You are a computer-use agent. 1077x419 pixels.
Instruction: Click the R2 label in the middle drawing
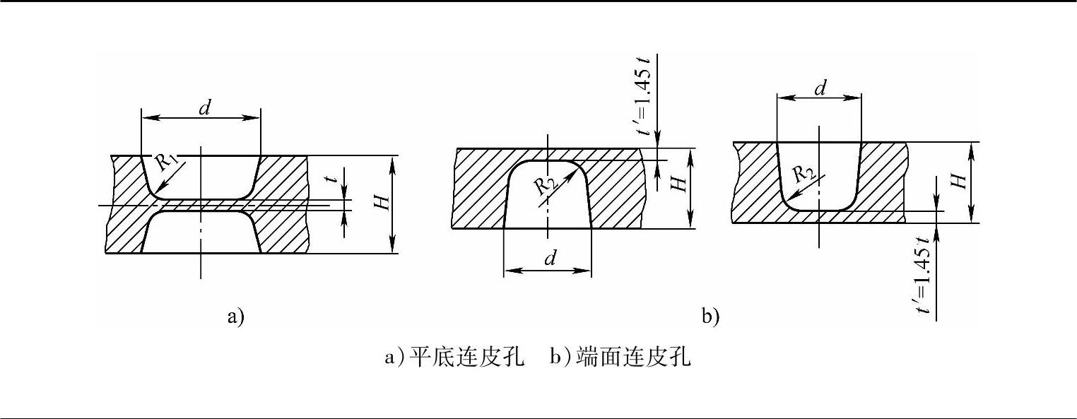[x=544, y=184]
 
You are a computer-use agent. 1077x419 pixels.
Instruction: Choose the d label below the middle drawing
[x=548, y=259]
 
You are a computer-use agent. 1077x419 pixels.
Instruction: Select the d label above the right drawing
[x=820, y=88]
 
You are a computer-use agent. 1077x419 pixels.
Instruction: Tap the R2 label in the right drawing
[x=801, y=173]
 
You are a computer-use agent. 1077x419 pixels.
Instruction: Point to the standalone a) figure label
[x=235, y=316]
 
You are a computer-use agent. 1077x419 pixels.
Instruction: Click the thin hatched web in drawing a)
[x=201, y=205]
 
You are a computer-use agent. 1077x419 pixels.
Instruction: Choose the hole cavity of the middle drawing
[x=548, y=198]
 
